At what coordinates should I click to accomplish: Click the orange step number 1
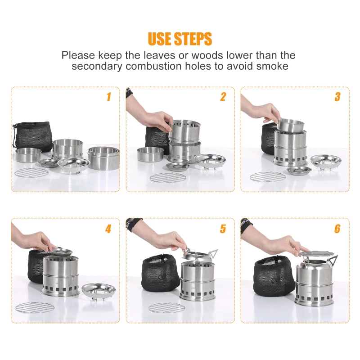(x=109, y=97)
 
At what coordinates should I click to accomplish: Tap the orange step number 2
(x=223, y=97)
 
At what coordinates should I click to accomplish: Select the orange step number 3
(x=337, y=97)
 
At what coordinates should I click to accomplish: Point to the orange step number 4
(x=108, y=229)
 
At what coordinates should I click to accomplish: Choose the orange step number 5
(x=223, y=229)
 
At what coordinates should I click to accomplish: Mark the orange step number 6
(x=337, y=229)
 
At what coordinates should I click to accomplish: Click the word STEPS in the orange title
(x=193, y=39)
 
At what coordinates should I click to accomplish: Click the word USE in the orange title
(x=160, y=39)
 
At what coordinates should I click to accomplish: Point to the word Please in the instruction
(x=78, y=55)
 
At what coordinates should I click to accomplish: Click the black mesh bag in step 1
(x=32, y=136)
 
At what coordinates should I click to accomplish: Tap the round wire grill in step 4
(x=35, y=307)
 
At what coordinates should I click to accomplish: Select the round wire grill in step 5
(x=166, y=307)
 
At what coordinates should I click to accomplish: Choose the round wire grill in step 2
(x=168, y=177)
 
